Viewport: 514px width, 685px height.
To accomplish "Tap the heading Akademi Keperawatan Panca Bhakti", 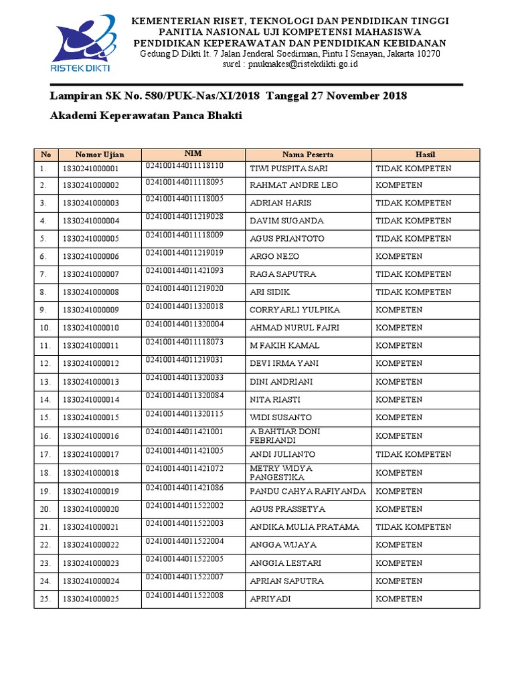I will pos(146,116).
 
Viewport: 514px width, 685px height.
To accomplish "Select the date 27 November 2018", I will pos(358,96).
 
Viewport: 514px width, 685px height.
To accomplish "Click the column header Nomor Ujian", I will pos(100,155).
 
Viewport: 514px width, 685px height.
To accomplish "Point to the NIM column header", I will pos(193,154).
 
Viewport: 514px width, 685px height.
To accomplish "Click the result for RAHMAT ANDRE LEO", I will pos(399,185).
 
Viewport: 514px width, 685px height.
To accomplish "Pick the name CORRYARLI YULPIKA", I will pos(294,310).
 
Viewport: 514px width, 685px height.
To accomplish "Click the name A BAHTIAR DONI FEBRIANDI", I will pos(284,436).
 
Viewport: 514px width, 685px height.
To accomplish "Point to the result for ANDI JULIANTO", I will pos(413,454).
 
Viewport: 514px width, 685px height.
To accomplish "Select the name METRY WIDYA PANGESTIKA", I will pos(281,472).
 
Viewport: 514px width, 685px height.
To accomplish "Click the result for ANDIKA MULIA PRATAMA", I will pos(413,527).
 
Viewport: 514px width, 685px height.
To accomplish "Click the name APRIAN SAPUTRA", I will pos(286,581).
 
